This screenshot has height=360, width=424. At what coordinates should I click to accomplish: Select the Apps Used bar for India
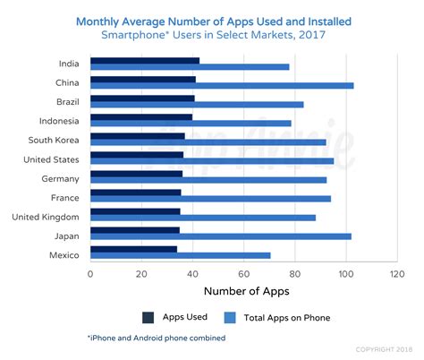(x=145, y=60)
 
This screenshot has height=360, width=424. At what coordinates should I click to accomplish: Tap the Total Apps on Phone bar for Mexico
(x=180, y=256)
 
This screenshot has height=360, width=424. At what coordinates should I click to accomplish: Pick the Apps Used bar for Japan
(x=135, y=230)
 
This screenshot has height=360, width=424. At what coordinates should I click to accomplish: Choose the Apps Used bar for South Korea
(x=138, y=136)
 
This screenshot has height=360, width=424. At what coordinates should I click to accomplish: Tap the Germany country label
(x=61, y=178)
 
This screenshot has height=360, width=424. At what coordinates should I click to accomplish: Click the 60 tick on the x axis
(x=243, y=275)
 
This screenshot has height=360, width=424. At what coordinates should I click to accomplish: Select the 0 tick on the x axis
(x=90, y=275)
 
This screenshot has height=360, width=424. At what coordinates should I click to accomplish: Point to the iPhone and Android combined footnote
(x=156, y=339)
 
